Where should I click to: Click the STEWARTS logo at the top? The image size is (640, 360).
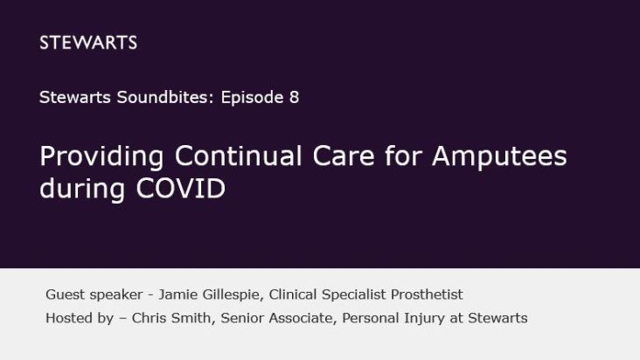click(x=88, y=43)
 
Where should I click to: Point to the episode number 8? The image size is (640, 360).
click(x=294, y=98)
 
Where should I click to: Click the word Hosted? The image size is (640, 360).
click(x=68, y=318)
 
